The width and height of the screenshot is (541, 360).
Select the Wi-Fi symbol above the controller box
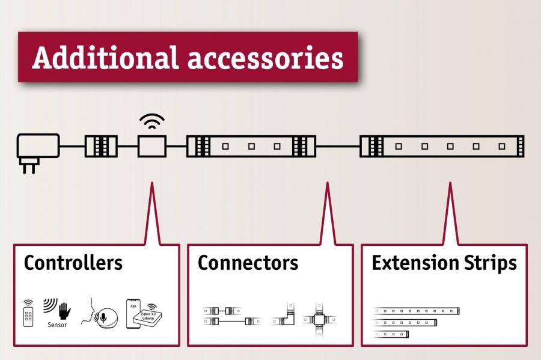click(x=151, y=122)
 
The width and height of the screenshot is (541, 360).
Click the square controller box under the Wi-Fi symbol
click(x=151, y=146)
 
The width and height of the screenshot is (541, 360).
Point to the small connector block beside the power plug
click(x=101, y=146)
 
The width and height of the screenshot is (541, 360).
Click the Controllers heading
click(x=73, y=263)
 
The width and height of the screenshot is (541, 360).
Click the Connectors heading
click(x=248, y=263)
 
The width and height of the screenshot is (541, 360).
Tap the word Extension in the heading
click(x=414, y=263)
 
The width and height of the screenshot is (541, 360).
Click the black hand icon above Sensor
click(x=63, y=310)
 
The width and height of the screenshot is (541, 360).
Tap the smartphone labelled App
click(x=133, y=313)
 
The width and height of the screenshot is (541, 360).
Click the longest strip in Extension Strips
click(x=417, y=311)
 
